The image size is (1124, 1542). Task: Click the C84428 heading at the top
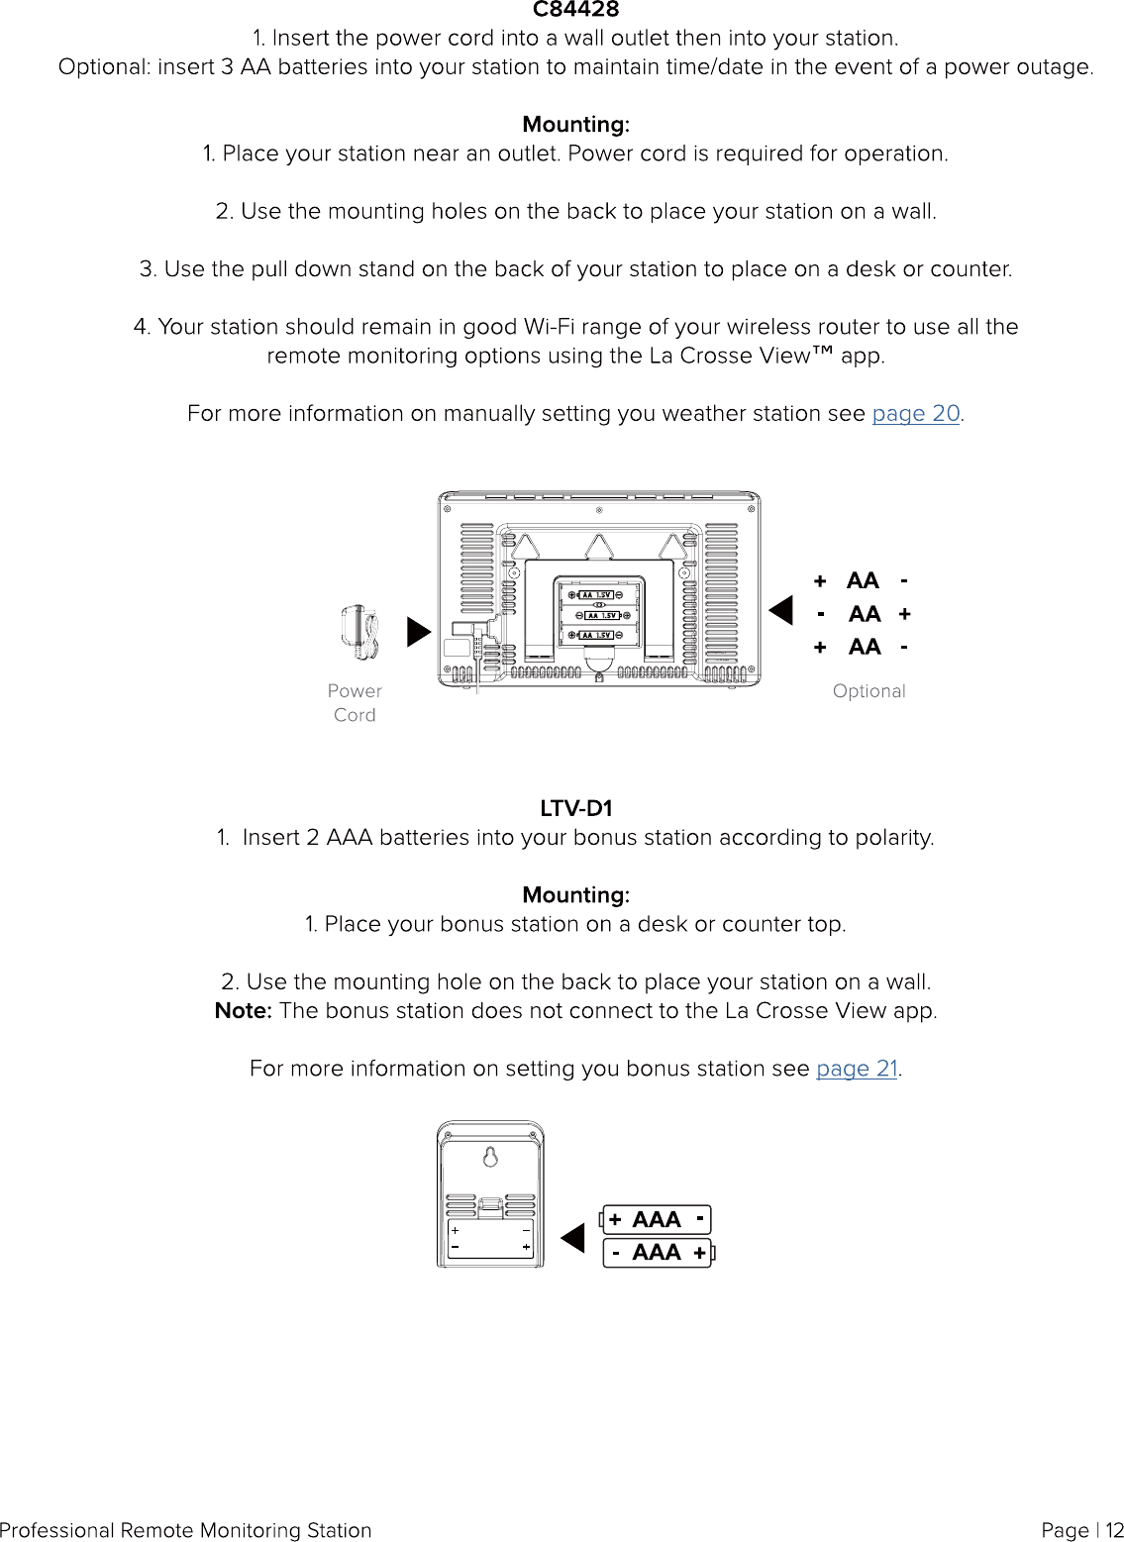[575, 10]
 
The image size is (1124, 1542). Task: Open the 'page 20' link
[915, 413]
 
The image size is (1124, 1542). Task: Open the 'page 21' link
[856, 1069]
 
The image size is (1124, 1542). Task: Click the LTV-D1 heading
[575, 808]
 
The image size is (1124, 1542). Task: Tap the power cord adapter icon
[358, 634]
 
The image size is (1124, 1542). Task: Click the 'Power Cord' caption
[355, 702]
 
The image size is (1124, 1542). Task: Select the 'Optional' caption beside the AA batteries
[869, 691]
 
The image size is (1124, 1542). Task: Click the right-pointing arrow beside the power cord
[418, 632]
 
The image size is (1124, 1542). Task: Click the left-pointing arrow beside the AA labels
[782, 610]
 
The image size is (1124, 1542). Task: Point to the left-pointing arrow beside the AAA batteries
[573, 1238]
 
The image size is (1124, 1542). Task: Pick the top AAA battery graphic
[656, 1219]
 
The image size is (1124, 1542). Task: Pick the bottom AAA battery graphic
[658, 1253]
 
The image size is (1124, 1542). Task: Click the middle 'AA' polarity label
[864, 614]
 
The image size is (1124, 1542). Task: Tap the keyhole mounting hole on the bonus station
[490, 1157]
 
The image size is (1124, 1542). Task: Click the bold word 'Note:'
[243, 1010]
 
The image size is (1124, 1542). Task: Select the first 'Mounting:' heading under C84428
[575, 125]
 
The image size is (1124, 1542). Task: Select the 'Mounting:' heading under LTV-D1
[575, 895]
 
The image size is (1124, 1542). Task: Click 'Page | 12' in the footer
[1081, 1530]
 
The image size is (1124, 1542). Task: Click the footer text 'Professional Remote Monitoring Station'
[186, 1530]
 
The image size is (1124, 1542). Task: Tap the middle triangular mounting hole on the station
[598, 547]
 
